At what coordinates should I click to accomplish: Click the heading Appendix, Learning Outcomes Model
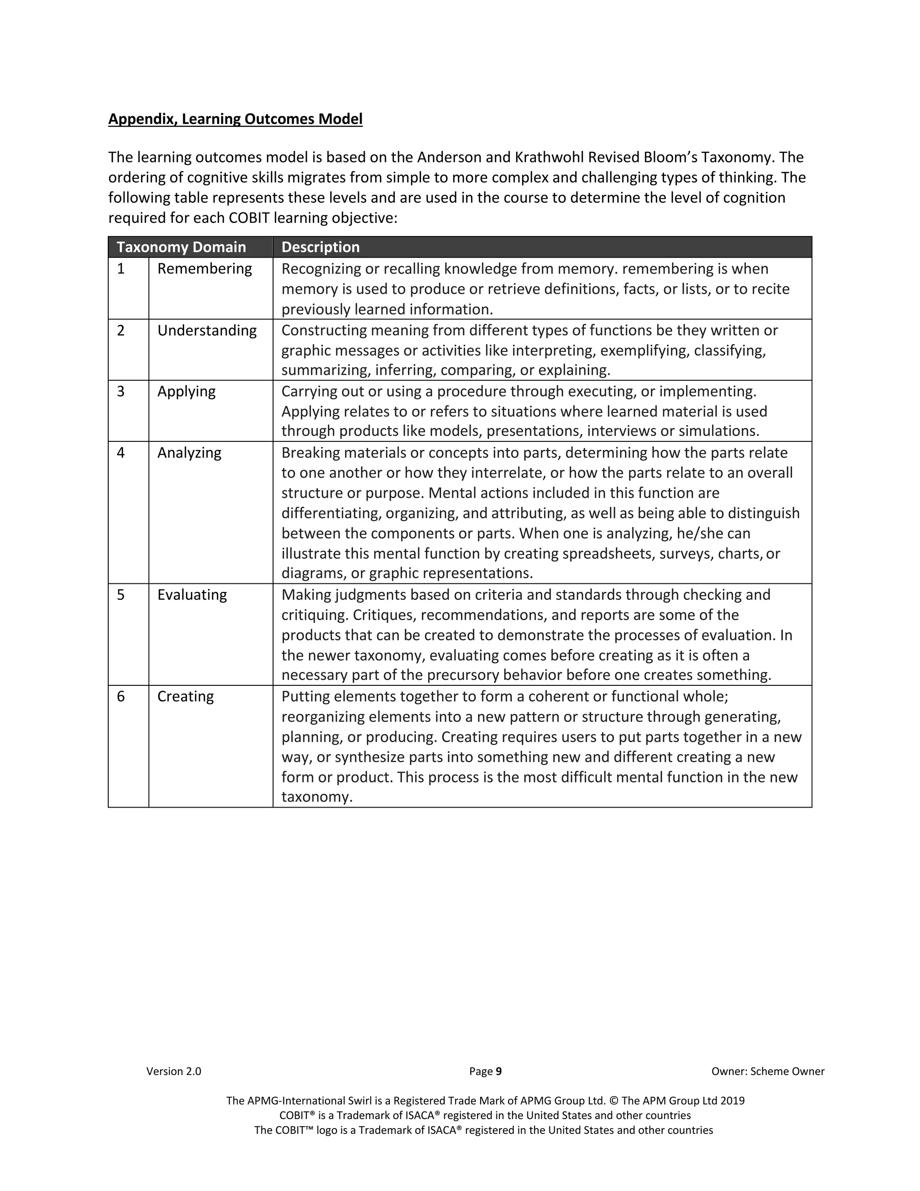(235, 119)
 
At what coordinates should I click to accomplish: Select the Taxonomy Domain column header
(181, 247)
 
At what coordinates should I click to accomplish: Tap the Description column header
(320, 247)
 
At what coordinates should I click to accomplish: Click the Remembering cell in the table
(204, 268)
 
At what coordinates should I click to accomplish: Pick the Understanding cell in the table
(207, 330)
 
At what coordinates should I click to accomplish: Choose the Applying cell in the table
(186, 391)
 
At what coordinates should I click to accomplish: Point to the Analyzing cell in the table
(189, 453)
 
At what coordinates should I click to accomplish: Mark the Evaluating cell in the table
(192, 595)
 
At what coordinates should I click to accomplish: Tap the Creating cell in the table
(186, 696)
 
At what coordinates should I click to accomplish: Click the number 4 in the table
(121, 453)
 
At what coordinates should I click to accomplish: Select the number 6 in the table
(121, 696)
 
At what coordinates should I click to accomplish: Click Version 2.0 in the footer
(173, 1071)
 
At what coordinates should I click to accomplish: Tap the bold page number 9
(499, 1071)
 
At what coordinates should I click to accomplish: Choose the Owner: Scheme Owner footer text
(767, 1071)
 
